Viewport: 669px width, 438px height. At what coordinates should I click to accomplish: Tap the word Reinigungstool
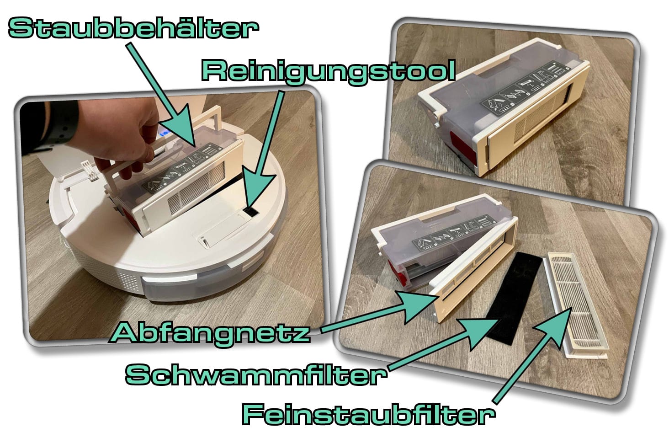coord(328,71)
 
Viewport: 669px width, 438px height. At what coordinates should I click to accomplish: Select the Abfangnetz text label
coord(211,332)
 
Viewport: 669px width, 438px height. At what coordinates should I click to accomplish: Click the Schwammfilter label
coord(255,374)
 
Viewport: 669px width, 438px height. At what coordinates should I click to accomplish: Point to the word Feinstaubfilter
coord(368,414)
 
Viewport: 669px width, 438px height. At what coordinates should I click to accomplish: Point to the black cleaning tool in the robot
coord(250,212)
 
